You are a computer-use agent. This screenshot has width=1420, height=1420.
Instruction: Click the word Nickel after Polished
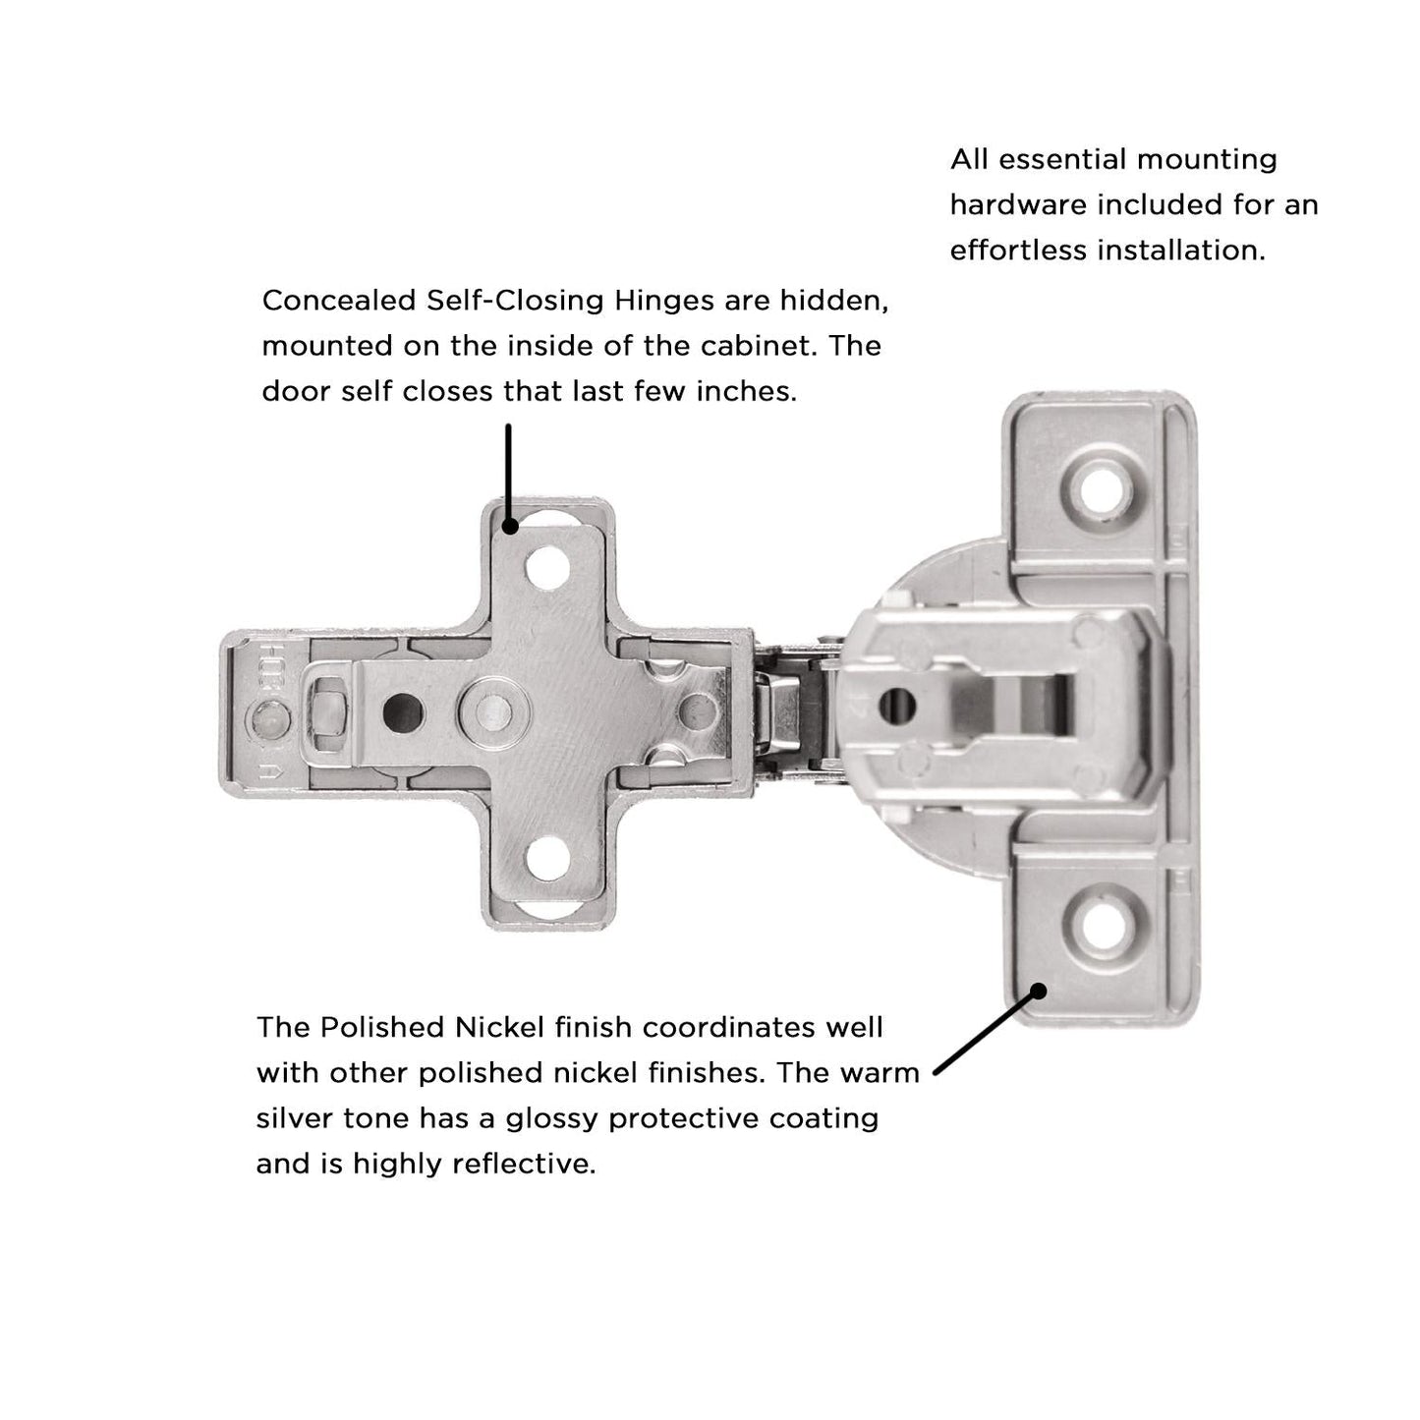point(499,1028)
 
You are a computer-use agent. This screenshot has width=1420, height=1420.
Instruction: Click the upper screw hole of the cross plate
point(546,567)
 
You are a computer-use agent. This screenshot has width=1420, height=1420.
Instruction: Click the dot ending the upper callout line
point(509,527)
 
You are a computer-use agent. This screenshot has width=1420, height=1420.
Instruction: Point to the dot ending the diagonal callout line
point(1037,991)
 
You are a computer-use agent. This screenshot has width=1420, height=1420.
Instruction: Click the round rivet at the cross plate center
point(489,707)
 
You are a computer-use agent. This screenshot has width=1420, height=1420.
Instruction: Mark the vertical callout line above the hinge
point(508,472)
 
